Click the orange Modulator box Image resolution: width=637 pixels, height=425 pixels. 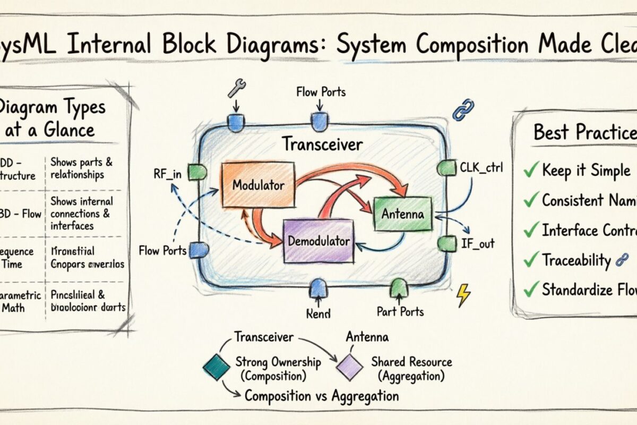257,185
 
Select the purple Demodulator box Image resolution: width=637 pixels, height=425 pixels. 317,241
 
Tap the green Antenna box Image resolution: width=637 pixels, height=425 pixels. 403,214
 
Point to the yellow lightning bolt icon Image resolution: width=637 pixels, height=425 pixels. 463,295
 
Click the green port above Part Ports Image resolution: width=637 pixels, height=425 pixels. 398,288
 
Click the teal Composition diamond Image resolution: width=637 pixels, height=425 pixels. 217,367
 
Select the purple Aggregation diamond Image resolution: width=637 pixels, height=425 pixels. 349,367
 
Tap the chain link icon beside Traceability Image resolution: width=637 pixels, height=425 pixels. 621,260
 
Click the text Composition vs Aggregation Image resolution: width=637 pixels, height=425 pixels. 321,396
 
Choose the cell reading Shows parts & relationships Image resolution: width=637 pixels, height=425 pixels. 82,168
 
